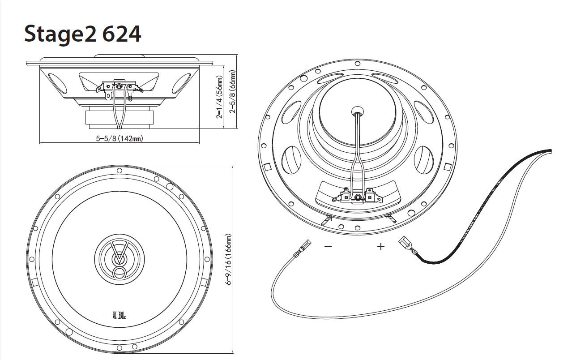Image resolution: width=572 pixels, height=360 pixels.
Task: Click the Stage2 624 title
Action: (82, 34)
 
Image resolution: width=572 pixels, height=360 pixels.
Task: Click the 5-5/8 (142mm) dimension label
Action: (120, 138)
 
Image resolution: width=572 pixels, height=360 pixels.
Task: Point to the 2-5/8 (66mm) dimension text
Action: (233, 91)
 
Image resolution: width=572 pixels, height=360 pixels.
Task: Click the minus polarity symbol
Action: (328, 247)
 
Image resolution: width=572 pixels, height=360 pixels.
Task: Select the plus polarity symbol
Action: (381, 247)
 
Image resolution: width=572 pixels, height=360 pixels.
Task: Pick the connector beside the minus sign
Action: (305, 246)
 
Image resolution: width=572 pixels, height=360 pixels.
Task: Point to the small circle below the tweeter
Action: (120, 273)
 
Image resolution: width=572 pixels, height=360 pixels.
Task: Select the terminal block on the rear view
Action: (358, 195)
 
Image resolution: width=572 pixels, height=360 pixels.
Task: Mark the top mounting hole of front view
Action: (119, 171)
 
